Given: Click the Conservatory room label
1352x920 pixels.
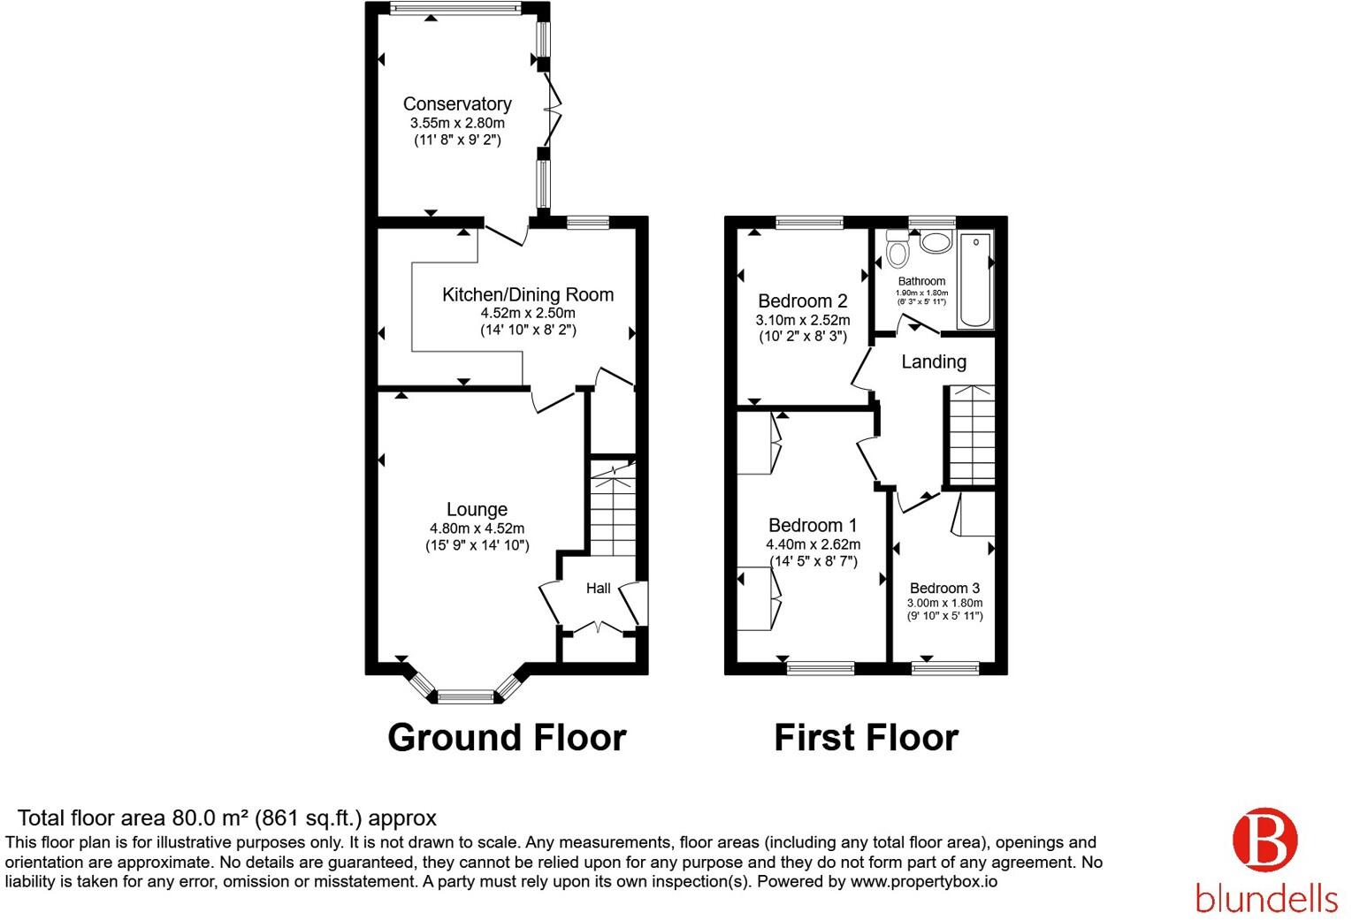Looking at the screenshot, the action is click(457, 103).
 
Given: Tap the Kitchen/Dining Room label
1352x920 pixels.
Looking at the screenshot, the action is click(528, 294).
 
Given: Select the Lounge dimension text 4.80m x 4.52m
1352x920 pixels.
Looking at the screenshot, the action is click(477, 528).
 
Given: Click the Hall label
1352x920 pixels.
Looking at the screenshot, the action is click(598, 589).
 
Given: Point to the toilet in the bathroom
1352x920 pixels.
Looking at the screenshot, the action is click(898, 249).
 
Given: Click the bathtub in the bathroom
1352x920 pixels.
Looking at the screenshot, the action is click(975, 279).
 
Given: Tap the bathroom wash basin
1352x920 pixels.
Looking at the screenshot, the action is click(936, 242).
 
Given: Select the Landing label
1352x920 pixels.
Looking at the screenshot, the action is click(934, 361).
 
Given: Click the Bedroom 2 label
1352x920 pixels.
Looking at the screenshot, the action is click(803, 300).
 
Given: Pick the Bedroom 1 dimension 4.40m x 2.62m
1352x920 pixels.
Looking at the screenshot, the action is click(813, 544).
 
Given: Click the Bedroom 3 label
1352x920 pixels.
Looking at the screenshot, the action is click(944, 588).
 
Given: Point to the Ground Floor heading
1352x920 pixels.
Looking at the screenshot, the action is click(507, 737).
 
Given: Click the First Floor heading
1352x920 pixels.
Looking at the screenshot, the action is click(867, 737).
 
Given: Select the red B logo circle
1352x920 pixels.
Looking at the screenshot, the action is click(1265, 840).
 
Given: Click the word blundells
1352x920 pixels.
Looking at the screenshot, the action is click(1266, 898).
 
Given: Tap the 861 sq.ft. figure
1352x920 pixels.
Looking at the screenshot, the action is click(308, 818).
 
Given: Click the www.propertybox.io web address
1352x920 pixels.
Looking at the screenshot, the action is click(924, 882).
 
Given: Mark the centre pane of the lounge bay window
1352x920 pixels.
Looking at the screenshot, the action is click(466, 697).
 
